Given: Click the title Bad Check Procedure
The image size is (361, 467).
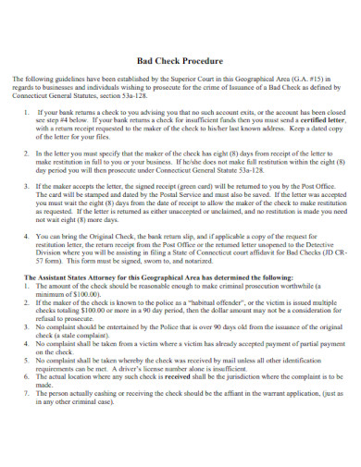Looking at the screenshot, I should click(180, 60).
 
